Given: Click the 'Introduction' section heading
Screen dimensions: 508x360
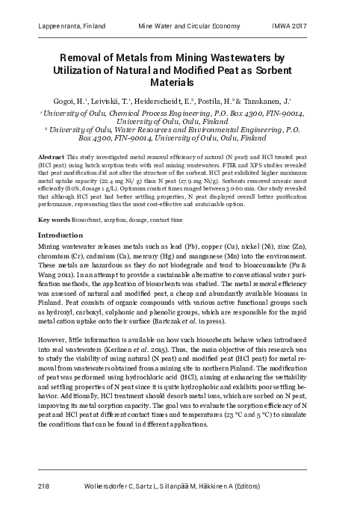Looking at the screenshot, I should pos(60,235).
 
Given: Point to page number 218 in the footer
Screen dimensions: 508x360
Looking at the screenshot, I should pos(43,486).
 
